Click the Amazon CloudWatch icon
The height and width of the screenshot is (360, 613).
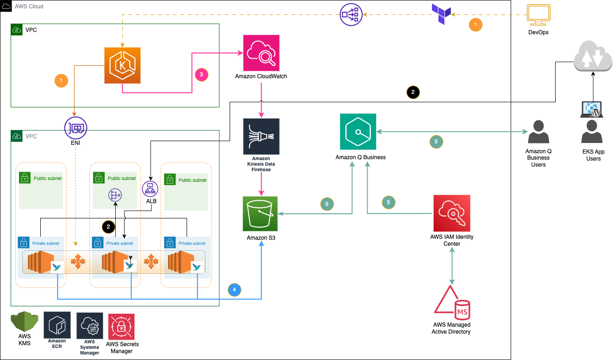261,53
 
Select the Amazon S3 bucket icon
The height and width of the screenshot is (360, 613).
260,213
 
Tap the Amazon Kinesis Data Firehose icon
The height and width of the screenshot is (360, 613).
261,136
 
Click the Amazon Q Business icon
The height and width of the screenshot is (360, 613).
358,132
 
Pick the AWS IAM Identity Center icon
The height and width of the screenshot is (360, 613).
451,213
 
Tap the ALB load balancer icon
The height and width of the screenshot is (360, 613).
150,188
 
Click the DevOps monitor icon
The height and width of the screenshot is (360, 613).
538,16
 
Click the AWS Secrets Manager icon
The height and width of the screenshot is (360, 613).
121,327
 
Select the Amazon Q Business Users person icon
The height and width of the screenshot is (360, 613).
538,132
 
